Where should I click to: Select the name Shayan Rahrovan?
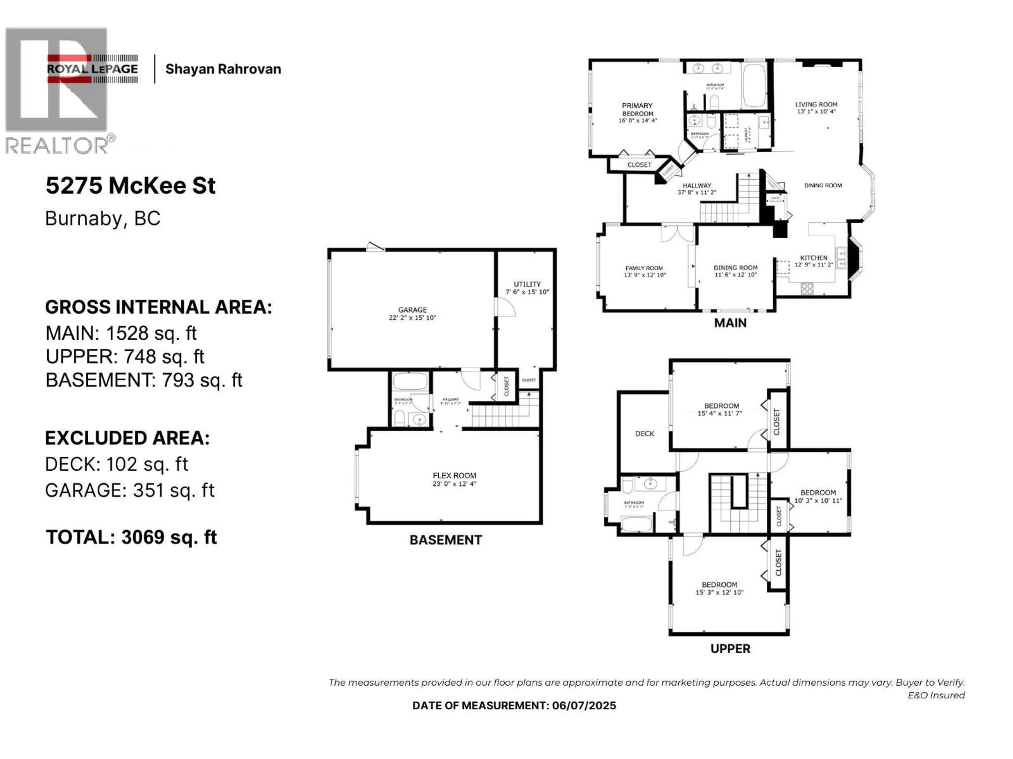[x=223, y=69]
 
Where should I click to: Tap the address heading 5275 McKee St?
[x=131, y=186]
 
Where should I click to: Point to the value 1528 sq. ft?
[x=151, y=333]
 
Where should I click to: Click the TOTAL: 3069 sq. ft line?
[x=131, y=537]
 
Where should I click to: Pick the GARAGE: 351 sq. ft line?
[x=130, y=490]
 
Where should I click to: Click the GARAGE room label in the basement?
[x=412, y=310]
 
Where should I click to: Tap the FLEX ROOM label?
[x=454, y=475]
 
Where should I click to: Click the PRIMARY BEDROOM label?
[x=637, y=110]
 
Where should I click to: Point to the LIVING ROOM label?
[x=816, y=104]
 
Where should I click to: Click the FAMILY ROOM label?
[x=644, y=268]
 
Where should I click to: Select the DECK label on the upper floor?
[x=644, y=433]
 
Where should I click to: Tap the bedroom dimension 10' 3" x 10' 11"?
[x=818, y=500]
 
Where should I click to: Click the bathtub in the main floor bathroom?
[x=754, y=86]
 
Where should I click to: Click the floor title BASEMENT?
[x=445, y=540]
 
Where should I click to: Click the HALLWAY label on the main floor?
[x=696, y=185]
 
